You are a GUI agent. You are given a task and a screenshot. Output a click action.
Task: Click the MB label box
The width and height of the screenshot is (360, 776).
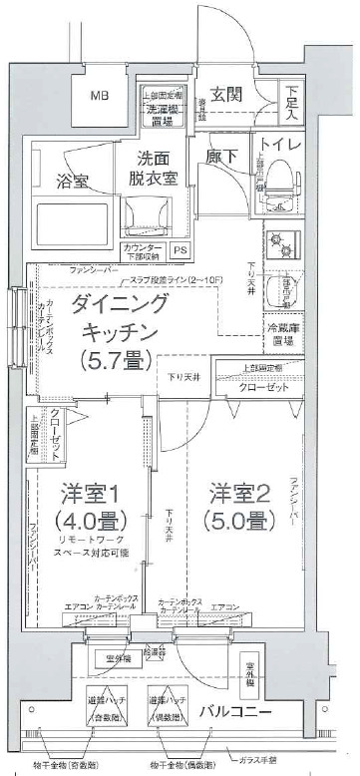tap(102, 97)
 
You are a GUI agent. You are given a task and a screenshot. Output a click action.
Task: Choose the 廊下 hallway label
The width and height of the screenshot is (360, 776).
tap(222, 157)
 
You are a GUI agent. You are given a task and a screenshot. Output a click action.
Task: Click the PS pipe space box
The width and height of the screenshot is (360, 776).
tap(180, 250)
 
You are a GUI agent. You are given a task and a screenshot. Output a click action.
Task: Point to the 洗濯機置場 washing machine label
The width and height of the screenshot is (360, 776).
tap(163, 110)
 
